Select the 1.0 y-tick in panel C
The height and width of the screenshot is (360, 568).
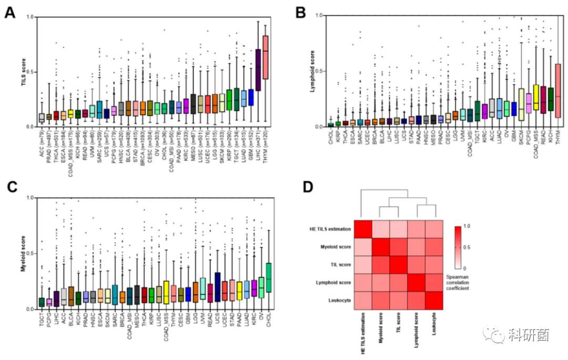(29, 198)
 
